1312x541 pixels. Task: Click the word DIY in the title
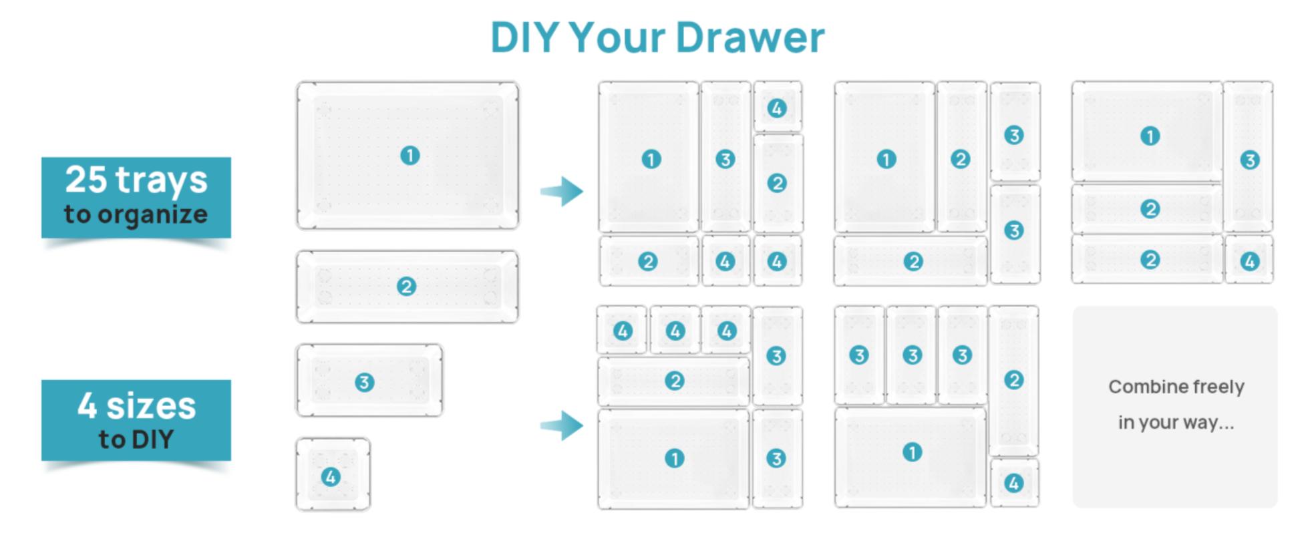click(524, 37)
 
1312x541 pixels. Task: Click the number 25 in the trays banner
click(86, 180)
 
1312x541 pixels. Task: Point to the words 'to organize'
click(136, 215)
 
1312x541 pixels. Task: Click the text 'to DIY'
click(136, 439)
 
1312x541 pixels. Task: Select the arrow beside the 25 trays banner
click(562, 191)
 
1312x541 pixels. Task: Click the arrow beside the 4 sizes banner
click(562, 425)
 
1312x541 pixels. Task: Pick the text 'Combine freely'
click(1176, 387)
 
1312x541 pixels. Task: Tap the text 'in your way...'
click(1176, 423)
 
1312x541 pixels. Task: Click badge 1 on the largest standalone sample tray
click(409, 156)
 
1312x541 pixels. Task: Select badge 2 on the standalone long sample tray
click(406, 287)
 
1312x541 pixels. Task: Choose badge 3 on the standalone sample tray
click(364, 383)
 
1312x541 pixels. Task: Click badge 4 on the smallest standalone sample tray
click(331, 477)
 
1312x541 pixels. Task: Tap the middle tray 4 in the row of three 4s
click(675, 330)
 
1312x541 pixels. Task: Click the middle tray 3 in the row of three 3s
click(911, 355)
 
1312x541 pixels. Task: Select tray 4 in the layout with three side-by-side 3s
click(1014, 483)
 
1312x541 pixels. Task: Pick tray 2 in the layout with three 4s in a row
click(673, 381)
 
